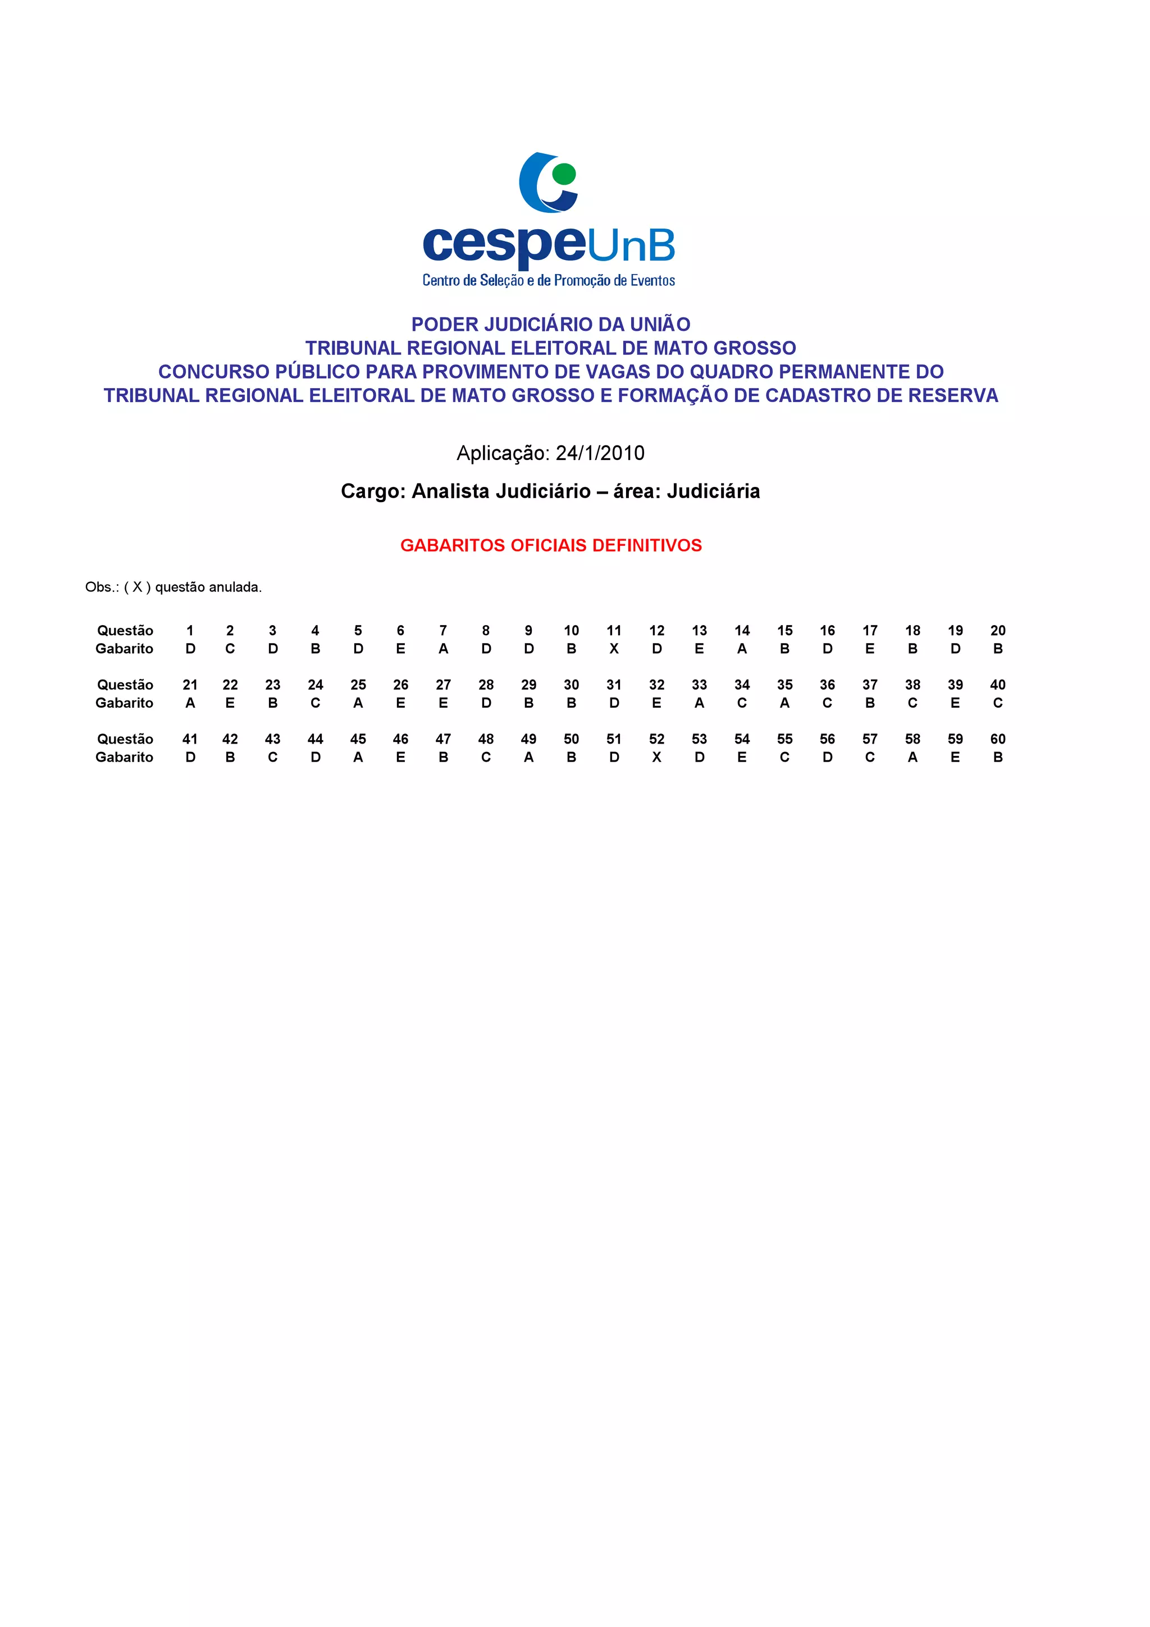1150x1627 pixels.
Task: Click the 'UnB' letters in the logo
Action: (x=631, y=247)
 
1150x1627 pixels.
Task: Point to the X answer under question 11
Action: (x=614, y=649)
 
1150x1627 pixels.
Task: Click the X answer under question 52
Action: (x=657, y=757)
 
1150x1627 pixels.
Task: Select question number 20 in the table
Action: (x=998, y=630)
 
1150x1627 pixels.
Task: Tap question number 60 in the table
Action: (x=998, y=739)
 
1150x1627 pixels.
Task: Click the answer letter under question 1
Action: (x=190, y=649)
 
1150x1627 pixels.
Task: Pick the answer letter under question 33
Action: (x=699, y=703)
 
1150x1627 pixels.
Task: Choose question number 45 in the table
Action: (x=358, y=739)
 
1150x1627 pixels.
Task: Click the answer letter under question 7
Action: (x=443, y=649)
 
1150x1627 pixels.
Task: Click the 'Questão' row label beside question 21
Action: (x=125, y=685)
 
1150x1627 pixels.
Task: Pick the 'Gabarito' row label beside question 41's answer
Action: (x=124, y=757)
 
